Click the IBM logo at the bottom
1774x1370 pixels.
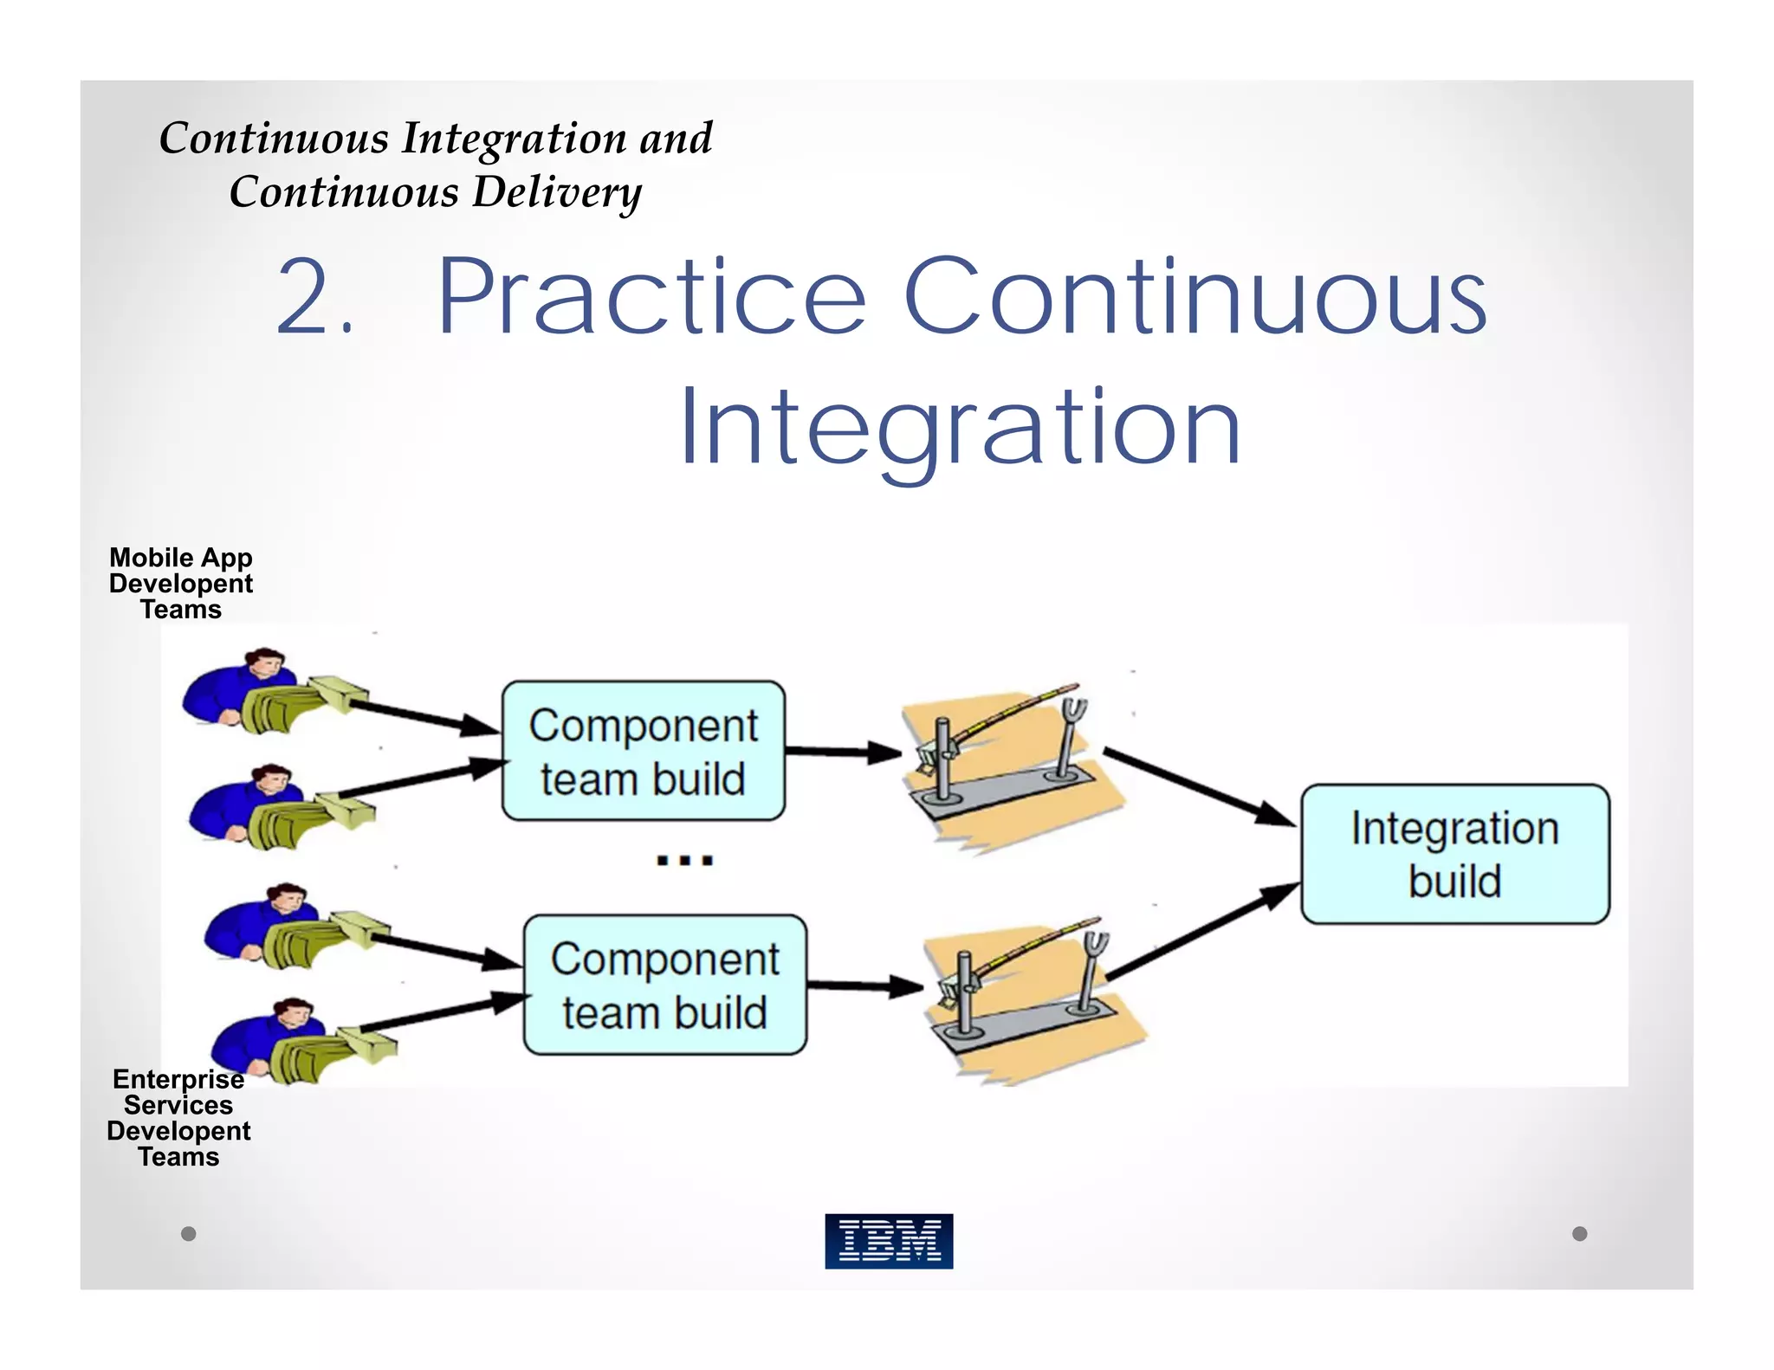(x=889, y=1240)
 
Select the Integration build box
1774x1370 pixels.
(x=1455, y=854)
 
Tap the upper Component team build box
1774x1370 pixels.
(x=644, y=751)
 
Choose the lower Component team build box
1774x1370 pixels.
(x=664, y=985)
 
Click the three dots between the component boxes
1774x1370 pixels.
(x=684, y=860)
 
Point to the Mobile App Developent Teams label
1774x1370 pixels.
(x=181, y=583)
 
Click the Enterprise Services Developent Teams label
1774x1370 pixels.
(x=178, y=1117)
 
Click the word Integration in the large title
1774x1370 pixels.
(x=960, y=429)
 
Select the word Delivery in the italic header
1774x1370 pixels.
(x=557, y=192)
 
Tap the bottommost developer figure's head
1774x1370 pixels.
(x=292, y=1013)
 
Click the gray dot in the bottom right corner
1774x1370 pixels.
(x=1579, y=1233)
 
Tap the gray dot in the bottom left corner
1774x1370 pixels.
(x=188, y=1233)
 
